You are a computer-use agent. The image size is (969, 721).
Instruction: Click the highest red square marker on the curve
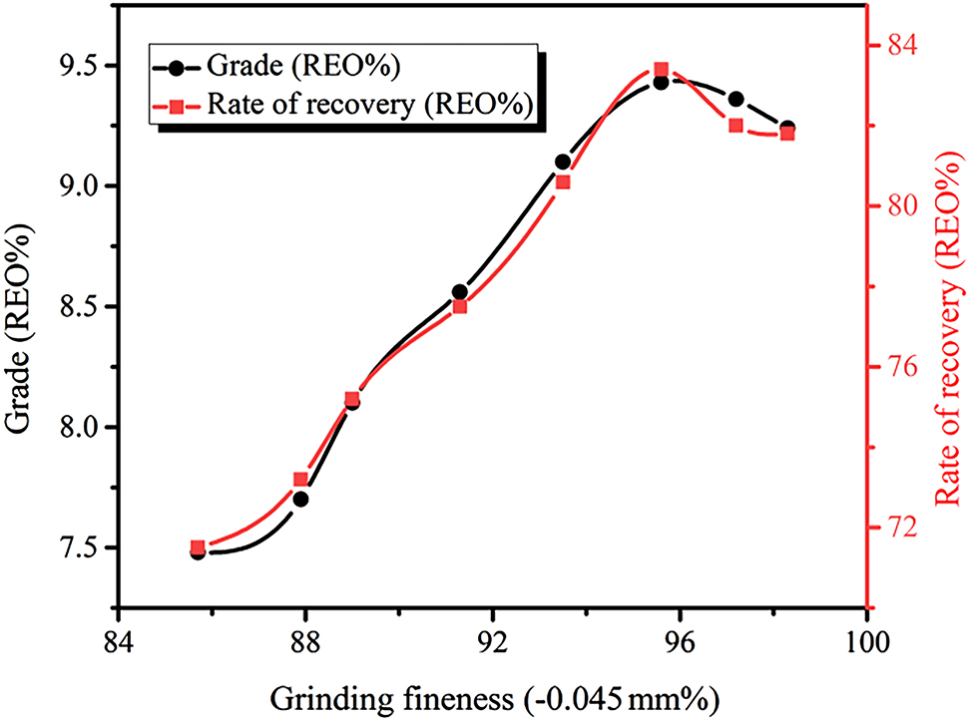[x=661, y=70]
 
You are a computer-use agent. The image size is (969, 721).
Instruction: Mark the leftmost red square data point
[x=198, y=547]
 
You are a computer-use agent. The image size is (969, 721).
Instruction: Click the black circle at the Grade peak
[x=661, y=83]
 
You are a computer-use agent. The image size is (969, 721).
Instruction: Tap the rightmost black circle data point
[x=787, y=128]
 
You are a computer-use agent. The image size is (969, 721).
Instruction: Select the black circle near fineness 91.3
[x=460, y=292]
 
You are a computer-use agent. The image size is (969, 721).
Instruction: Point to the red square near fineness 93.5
[x=563, y=182]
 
